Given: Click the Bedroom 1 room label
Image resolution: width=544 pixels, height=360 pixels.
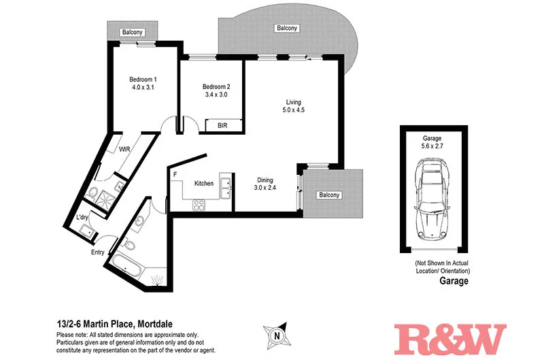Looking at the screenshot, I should pyautogui.click(x=143, y=83).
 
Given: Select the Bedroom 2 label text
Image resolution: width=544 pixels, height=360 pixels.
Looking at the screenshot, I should pyautogui.click(x=216, y=91).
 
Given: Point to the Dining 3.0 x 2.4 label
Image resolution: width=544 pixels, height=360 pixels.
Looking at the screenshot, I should pyautogui.click(x=265, y=183).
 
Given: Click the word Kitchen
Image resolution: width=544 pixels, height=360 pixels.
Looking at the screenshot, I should pyautogui.click(x=204, y=183).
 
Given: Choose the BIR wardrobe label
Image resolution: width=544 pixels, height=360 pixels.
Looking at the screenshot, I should pyautogui.click(x=222, y=126).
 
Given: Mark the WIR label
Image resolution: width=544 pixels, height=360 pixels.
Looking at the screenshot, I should pyautogui.click(x=124, y=148).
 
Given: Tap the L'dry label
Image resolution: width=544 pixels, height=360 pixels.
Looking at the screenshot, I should pyautogui.click(x=84, y=217).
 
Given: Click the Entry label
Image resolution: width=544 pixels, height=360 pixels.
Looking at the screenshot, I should pyautogui.click(x=98, y=252).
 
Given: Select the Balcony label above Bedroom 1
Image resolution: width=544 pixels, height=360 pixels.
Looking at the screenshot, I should pyautogui.click(x=133, y=32).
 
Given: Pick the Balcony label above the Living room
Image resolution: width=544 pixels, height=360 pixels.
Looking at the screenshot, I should pyautogui.click(x=286, y=28).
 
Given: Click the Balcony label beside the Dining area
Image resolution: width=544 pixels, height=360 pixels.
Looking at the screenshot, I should pyautogui.click(x=328, y=195).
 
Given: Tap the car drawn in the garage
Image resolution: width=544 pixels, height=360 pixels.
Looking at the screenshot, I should pyautogui.click(x=433, y=197).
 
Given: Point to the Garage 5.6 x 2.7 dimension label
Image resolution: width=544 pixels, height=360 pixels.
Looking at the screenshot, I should pyautogui.click(x=433, y=141).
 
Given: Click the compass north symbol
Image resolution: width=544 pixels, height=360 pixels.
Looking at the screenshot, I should pyautogui.click(x=275, y=335).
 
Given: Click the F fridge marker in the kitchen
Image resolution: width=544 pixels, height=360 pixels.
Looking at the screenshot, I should pyautogui.click(x=175, y=175).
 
